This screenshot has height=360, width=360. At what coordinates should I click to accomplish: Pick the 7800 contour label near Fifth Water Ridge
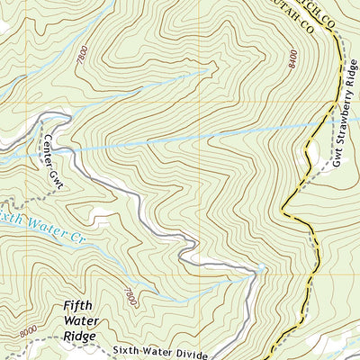click(131, 294)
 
